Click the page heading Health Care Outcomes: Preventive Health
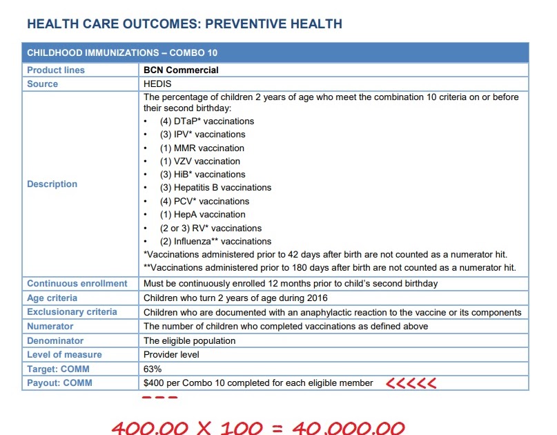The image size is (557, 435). tap(184, 24)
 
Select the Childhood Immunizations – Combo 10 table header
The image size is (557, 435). tap(123, 53)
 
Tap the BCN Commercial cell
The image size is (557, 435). tap(181, 70)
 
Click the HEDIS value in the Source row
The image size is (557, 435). tap(158, 84)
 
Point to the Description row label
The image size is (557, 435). tap(52, 184)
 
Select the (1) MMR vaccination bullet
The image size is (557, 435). tap(202, 148)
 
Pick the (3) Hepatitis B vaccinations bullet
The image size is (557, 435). tap(215, 188)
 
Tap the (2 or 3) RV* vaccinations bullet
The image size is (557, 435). tap(211, 228)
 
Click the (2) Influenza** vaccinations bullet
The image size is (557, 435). tap(215, 242)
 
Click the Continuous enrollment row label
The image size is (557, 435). tap(77, 284)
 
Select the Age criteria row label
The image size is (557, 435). tap(52, 298)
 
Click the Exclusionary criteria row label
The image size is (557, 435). tap(72, 312)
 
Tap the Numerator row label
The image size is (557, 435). tap(50, 327)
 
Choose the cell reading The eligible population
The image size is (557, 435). tap(189, 340)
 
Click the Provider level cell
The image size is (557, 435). tap(173, 355)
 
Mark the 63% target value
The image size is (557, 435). tap(153, 369)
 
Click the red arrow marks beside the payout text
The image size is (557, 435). tap(411, 383)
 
